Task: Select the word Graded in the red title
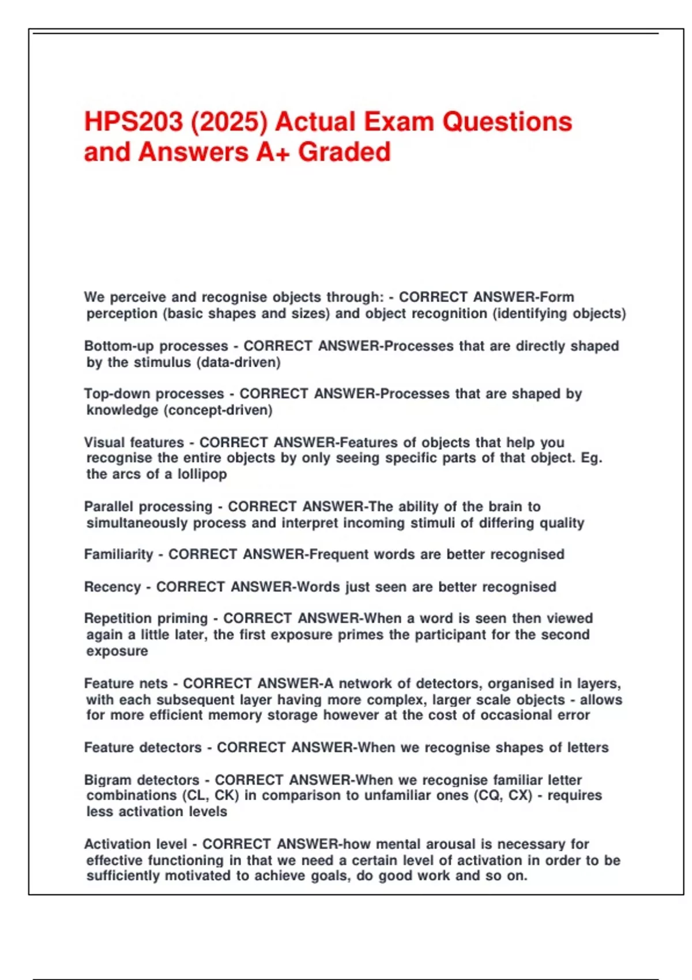pyautogui.click(x=344, y=152)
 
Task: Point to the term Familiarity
pyautogui.click(x=118, y=554)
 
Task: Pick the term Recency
pyautogui.click(x=112, y=587)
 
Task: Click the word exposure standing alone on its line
pyautogui.click(x=117, y=651)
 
